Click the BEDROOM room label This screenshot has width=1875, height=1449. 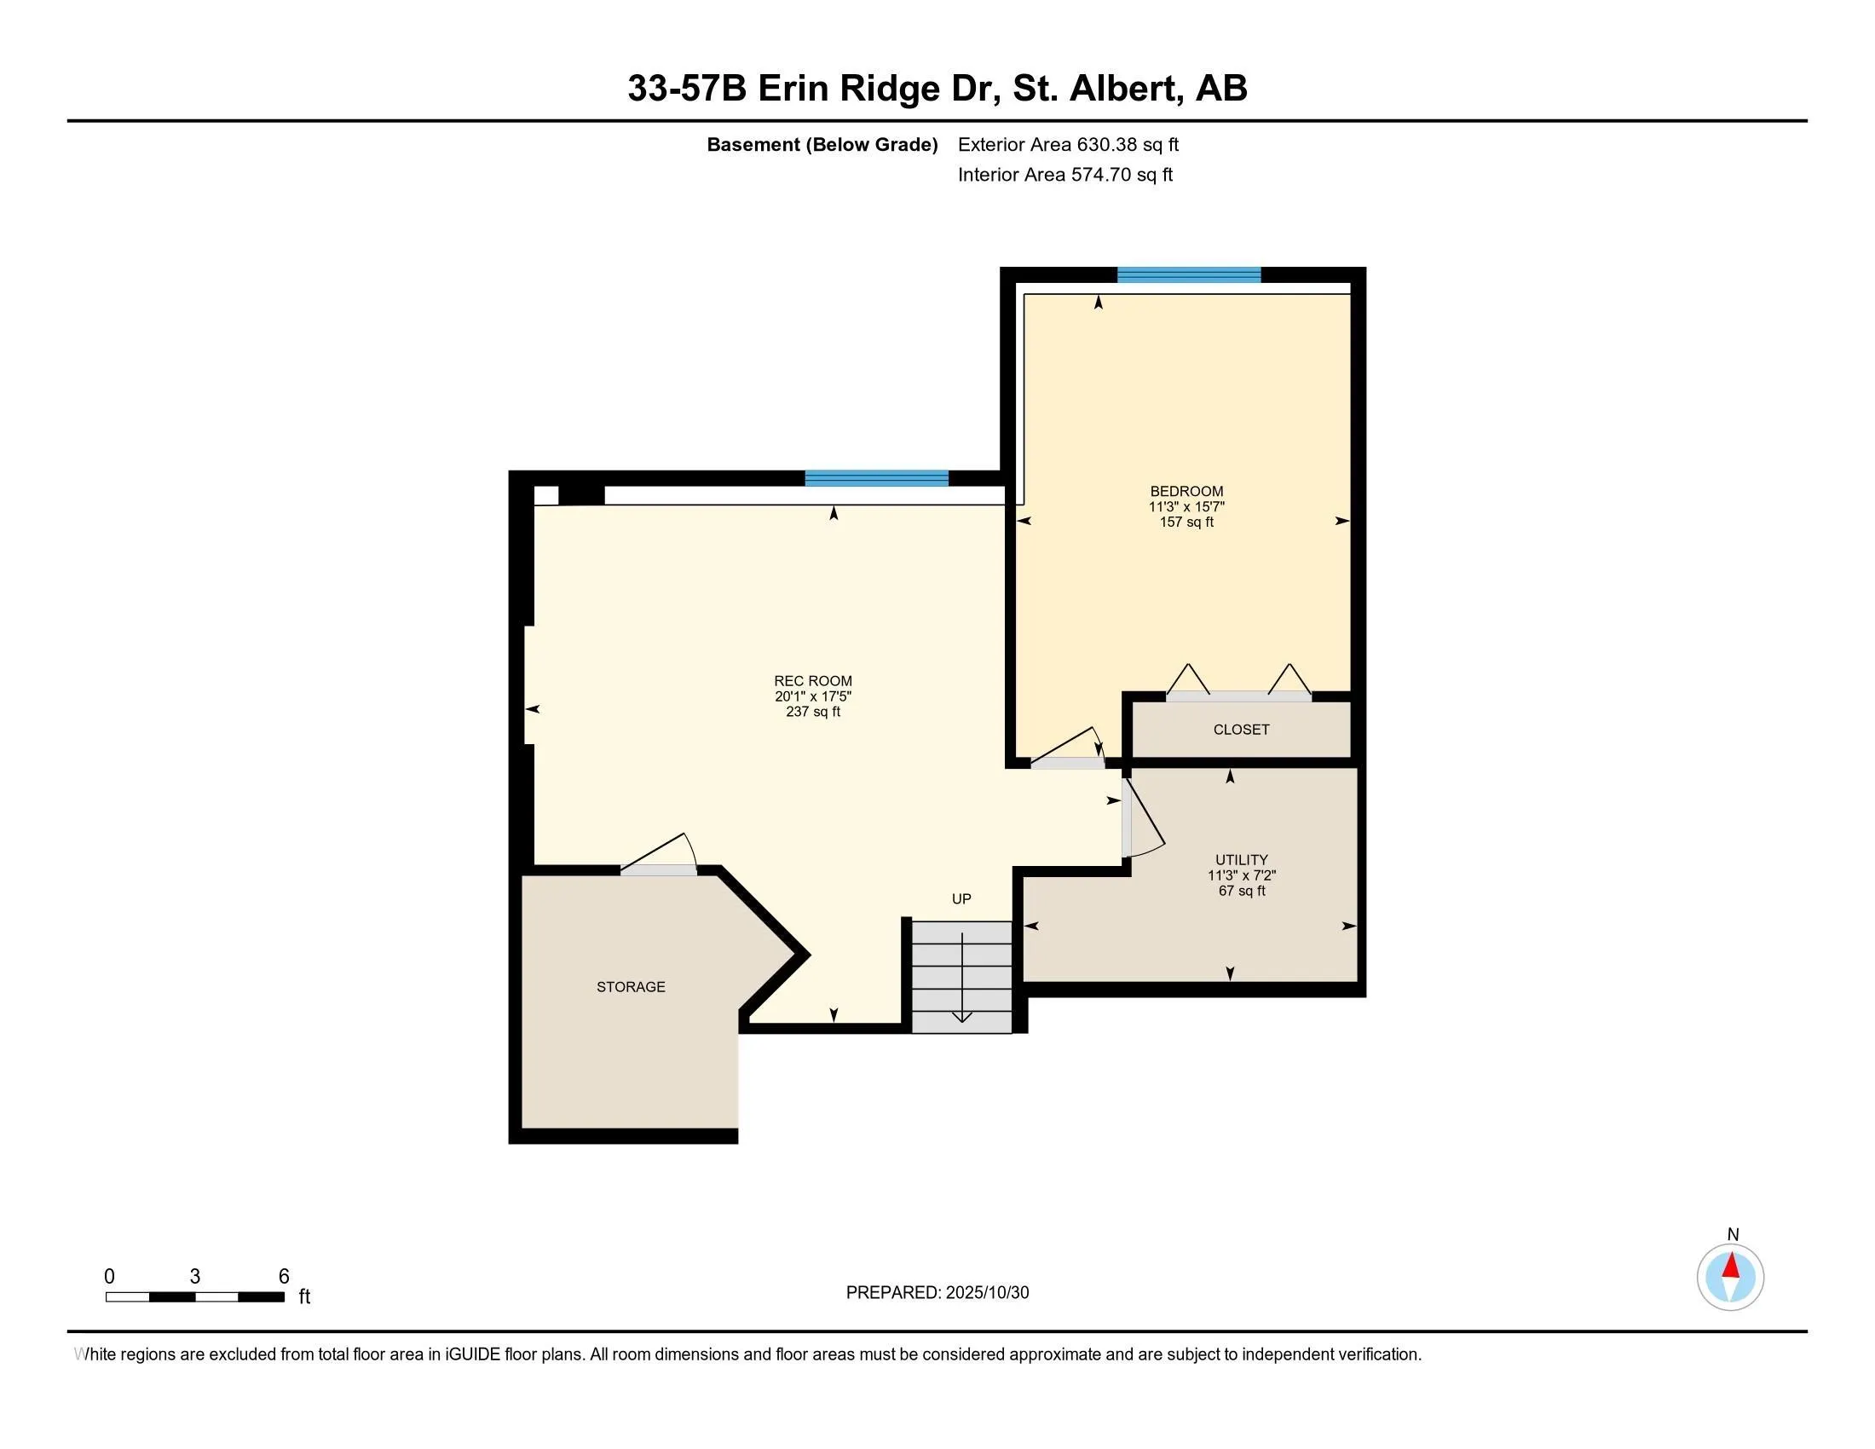tap(1186, 491)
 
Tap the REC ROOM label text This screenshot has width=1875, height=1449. tap(812, 681)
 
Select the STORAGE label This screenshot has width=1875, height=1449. tap(631, 987)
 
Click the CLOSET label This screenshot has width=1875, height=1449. tap(1241, 730)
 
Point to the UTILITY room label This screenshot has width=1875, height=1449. tap(1242, 859)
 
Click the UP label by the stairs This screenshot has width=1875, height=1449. tap(961, 898)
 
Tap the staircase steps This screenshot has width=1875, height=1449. tap(961, 976)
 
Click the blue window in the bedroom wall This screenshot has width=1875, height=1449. tap(1188, 274)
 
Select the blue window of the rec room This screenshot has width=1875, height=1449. tap(876, 478)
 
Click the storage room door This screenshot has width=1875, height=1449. tap(660, 869)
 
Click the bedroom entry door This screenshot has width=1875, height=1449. tap(1067, 762)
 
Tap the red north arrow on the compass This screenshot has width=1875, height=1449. tap(1731, 1265)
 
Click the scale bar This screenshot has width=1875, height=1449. tap(195, 1296)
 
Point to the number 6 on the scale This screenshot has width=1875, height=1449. tap(284, 1277)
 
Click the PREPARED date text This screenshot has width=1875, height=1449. tap(937, 1293)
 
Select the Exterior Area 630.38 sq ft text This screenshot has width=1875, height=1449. tap(1068, 144)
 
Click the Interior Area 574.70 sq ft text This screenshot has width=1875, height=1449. tap(1064, 175)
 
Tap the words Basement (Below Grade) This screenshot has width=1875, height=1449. tap(822, 144)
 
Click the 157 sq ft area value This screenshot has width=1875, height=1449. tap(1186, 522)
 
